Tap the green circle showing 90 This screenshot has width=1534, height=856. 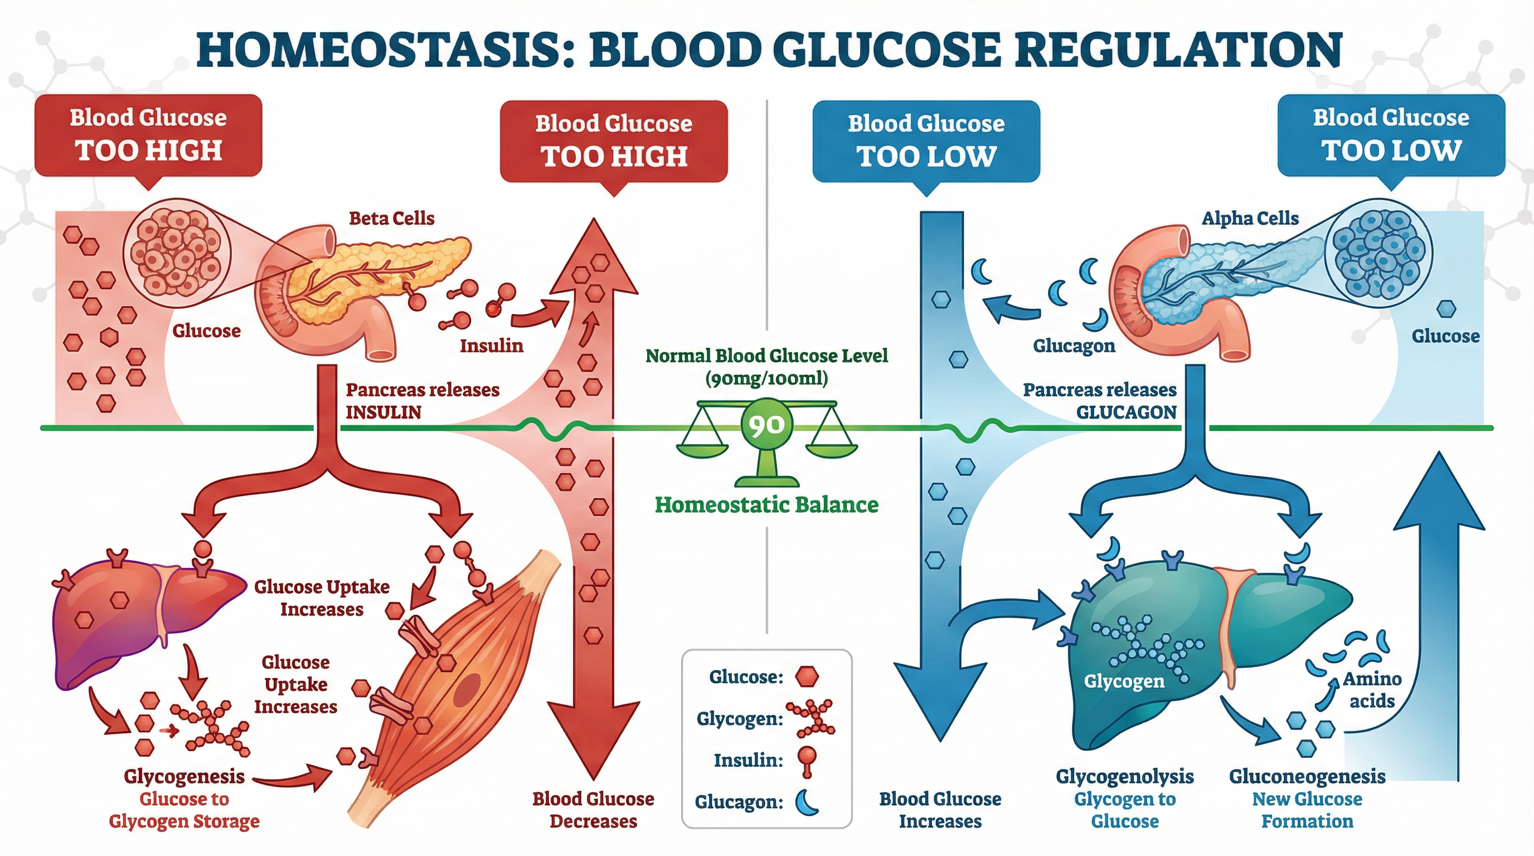coord(767,425)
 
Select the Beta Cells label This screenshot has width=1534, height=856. coord(391,218)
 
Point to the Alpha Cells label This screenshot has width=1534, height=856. coord(1249,218)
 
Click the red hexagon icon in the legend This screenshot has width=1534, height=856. coord(808,676)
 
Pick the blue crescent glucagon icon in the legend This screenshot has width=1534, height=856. coord(808,801)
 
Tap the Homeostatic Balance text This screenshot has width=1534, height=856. coord(766,505)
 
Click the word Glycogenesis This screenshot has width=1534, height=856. coord(184,776)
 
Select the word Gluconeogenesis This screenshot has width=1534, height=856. coord(1307,776)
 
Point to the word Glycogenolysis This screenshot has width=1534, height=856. coord(1124,776)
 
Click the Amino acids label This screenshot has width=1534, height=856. coord(1371,690)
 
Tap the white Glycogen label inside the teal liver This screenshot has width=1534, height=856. coord(1124,681)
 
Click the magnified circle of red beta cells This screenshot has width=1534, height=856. coord(176,252)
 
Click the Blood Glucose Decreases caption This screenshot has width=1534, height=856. coord(593,810)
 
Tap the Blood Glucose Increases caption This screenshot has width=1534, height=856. coord(940,810)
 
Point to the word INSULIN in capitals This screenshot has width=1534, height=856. coord(383,412)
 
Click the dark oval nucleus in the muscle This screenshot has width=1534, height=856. coord(469,690)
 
